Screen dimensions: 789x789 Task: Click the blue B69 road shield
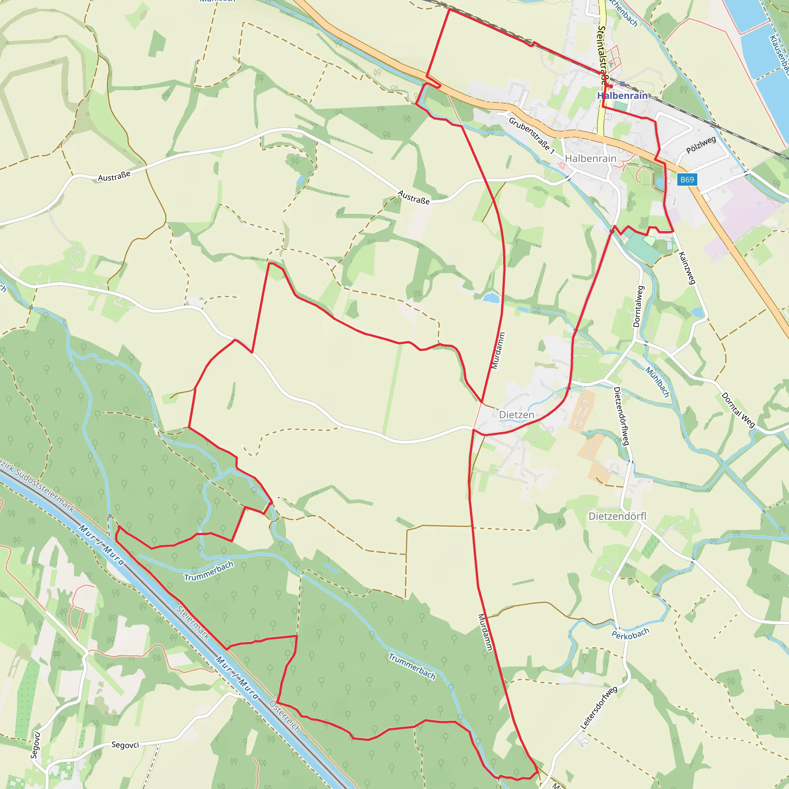687,180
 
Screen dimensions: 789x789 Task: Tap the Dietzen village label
517,415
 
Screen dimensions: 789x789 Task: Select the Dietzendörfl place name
617,517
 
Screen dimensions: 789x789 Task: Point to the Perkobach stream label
630,633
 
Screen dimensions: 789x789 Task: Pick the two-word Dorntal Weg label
737,410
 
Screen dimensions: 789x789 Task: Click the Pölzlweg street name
701,145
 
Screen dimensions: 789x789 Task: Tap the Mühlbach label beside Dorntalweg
657,382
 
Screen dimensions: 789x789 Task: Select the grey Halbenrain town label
591,158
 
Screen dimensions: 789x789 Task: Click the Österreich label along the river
285,716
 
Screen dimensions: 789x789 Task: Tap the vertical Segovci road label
35,745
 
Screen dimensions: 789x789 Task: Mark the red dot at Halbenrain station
611,86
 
